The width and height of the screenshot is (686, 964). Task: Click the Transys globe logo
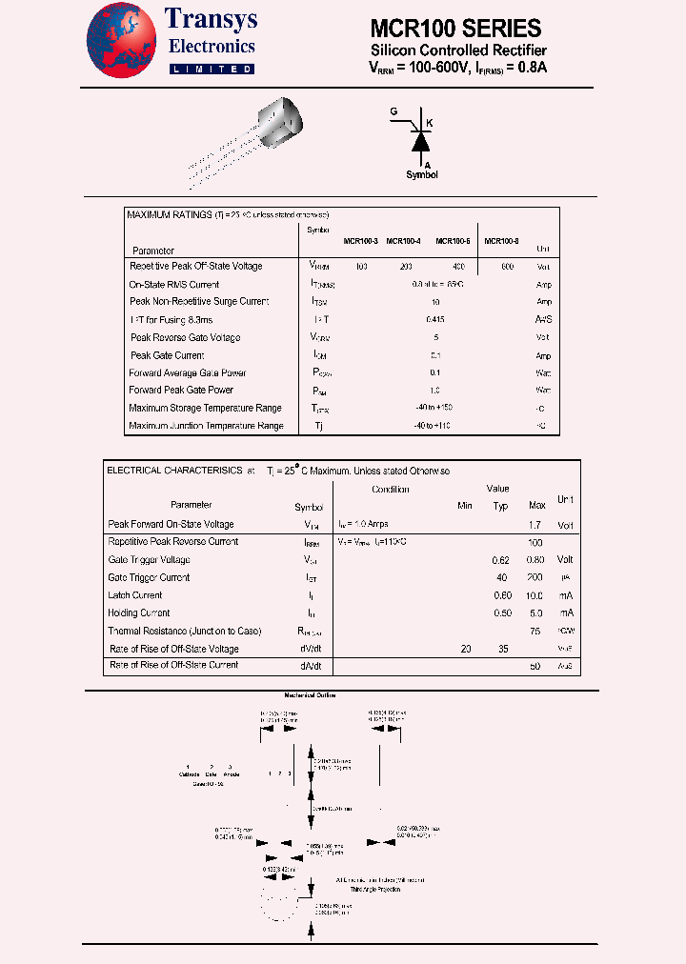point(123,39)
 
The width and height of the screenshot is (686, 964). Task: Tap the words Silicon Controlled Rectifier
point(458,50)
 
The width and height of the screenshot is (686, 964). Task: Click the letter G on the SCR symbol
point(393,112)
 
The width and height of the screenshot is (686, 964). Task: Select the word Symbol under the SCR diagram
point(422,174)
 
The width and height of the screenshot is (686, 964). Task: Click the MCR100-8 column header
point(501,242)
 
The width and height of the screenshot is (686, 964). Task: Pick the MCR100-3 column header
point(361,242)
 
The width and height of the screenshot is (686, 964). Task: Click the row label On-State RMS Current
point(174,284)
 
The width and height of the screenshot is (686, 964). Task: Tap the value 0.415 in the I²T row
point(435,319)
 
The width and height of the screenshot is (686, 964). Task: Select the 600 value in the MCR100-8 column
point(507,267)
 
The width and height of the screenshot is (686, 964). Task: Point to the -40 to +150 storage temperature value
point(434,408)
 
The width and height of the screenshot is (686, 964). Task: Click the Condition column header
point(390,490)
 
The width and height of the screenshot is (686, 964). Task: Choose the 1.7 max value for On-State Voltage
point(535,525)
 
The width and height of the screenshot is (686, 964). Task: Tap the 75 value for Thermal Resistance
point(535,632)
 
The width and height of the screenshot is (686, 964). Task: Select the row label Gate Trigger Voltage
point(150,559)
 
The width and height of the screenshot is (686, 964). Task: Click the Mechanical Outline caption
point(311,695)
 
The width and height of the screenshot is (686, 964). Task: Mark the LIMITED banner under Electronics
point(212,69)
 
